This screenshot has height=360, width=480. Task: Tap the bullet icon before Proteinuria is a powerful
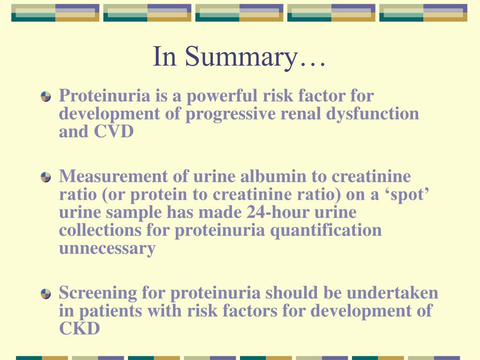[x=45, y=97]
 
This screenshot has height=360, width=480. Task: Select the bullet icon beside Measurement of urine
[x=45, y=177]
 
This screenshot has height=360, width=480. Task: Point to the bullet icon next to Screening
[x=45, y=294]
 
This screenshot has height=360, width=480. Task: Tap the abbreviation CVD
[x=114, y=132]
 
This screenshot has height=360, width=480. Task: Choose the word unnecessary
[x=107, y=248]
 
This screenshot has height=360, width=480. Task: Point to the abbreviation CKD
[x=79, y=329]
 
